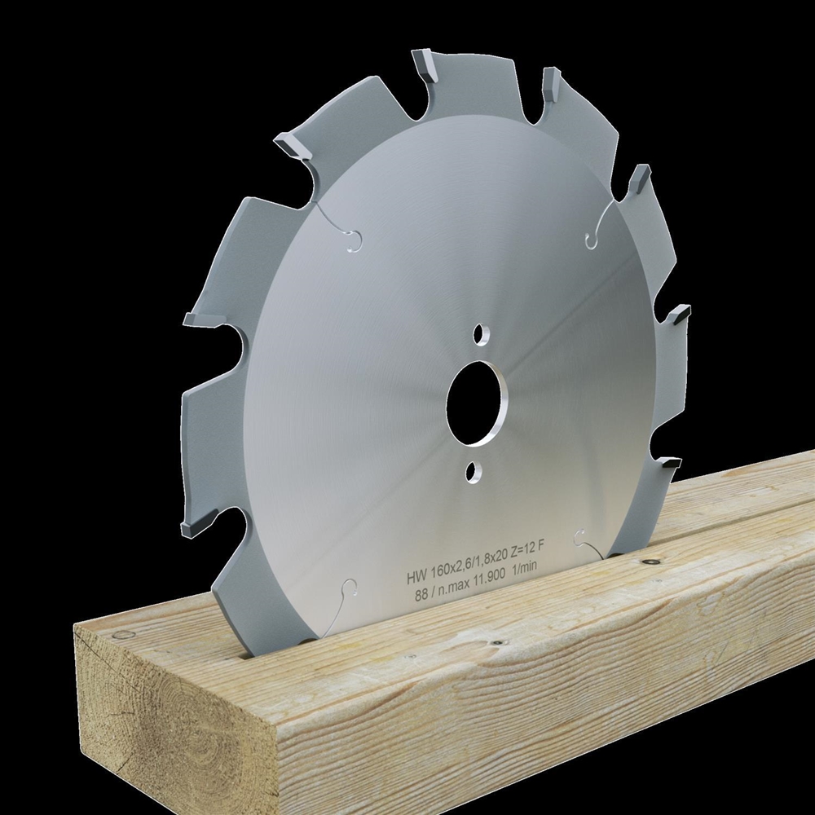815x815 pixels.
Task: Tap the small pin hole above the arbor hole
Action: (482, 333)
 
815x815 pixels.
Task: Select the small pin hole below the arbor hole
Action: (471, 470)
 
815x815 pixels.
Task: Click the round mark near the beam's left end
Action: (122, 635)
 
